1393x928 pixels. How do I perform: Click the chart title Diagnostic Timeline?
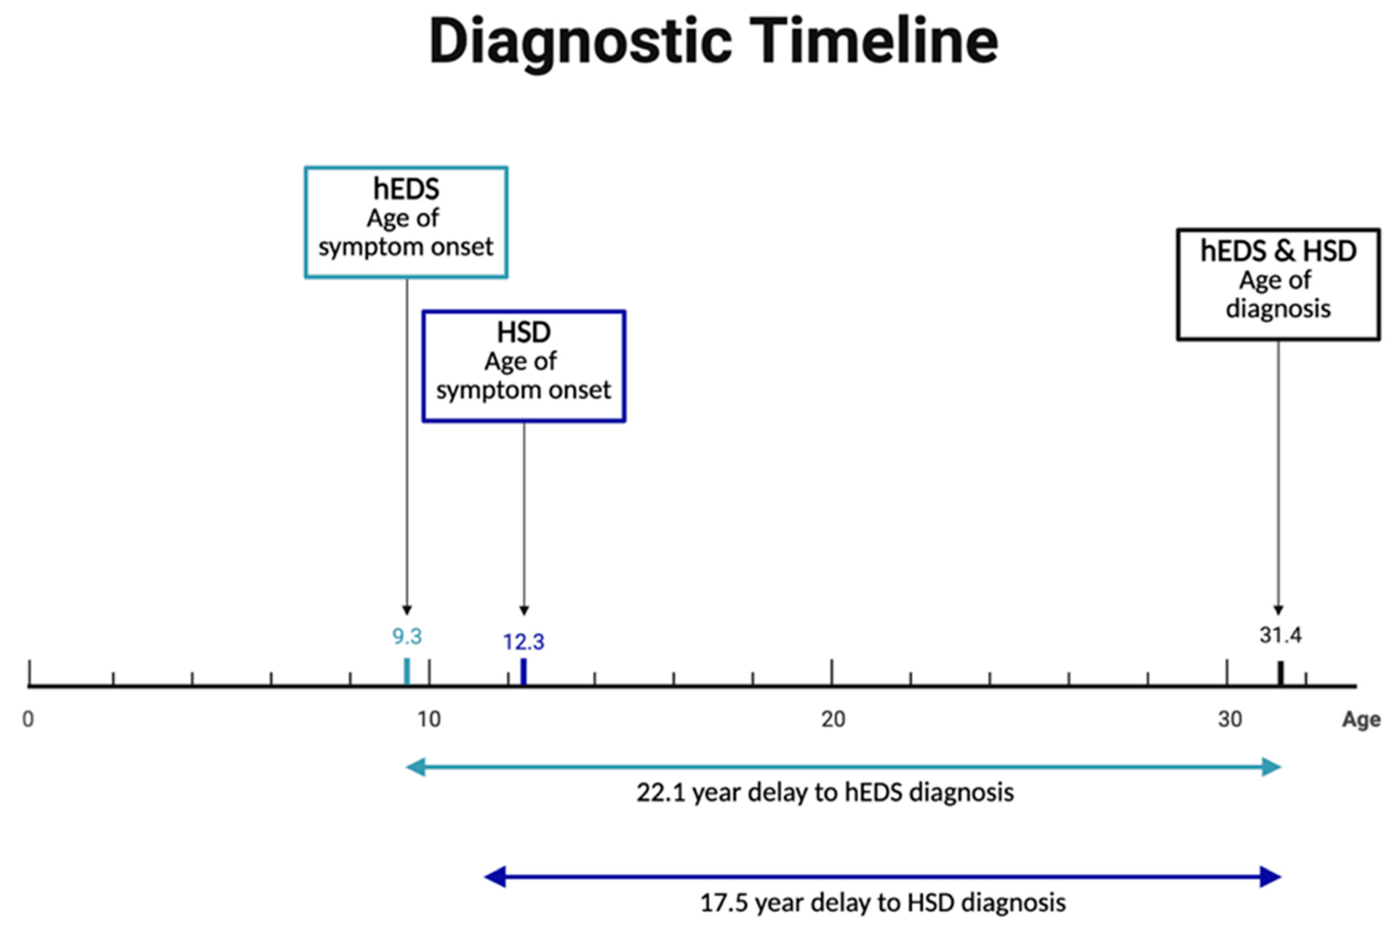coord(713,41)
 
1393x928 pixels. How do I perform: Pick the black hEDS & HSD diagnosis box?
coord(1178,284)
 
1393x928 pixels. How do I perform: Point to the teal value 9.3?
coord(407,636)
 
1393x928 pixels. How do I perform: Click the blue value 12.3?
coord(524,642)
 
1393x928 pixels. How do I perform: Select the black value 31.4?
coord(1281,635)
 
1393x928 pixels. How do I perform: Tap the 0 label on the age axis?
coord(28,719)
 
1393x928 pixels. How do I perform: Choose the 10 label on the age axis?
coord(429,719)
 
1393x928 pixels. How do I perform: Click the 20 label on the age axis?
coord(833,719)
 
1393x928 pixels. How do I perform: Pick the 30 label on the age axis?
coord(1230,719)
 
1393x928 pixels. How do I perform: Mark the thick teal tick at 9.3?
coord(406,672)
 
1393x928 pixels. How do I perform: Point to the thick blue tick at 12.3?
coord(524,672)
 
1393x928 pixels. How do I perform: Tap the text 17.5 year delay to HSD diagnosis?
coord(883,903)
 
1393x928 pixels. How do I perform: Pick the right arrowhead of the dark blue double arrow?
coord(1271,877)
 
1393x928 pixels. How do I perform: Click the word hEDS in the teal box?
coord(406,189)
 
